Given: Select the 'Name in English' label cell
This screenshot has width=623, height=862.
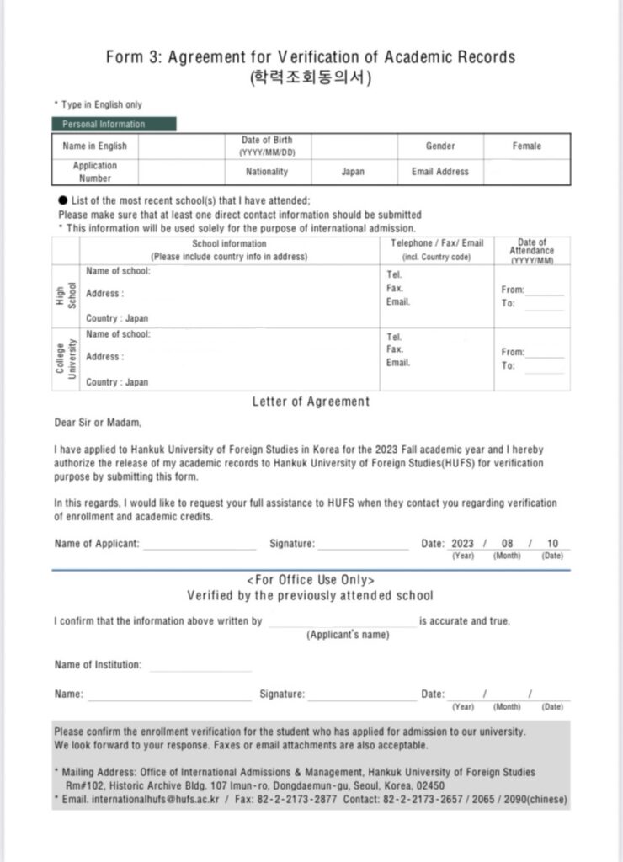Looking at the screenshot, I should coord(95,146).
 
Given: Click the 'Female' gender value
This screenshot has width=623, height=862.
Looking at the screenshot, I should coord(526,146).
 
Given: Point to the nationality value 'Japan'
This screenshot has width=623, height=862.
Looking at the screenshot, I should coord(353,172).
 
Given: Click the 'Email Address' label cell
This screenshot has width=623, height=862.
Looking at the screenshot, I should coord(439,172).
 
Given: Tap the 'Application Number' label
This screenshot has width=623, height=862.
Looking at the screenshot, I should coord(95,172).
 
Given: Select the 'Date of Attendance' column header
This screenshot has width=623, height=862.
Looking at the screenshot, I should coord(531,251).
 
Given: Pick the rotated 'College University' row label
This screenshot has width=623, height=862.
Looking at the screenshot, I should coord(67,359).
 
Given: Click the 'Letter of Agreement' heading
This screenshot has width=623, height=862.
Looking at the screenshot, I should coord(311,402).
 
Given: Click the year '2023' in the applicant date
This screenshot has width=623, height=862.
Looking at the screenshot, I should coord(462,544).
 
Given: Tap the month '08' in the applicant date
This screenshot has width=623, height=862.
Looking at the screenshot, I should coord(507,544).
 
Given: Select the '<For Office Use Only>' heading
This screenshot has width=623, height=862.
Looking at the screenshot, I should coord(311,580).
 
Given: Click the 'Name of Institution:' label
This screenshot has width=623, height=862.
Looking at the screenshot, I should coord(98,665).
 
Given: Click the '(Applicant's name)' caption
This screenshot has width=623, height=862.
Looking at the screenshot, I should coord(347,635).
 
